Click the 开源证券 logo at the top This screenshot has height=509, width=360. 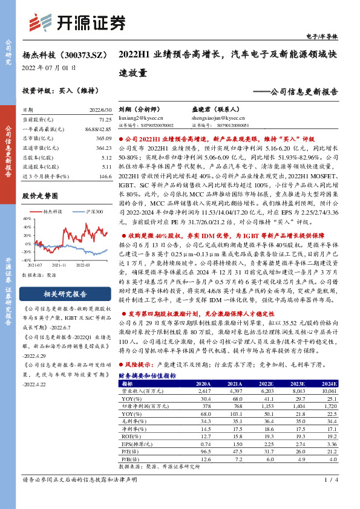(x=77, y=22)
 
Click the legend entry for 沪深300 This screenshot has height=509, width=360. (x=91, y=211)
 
